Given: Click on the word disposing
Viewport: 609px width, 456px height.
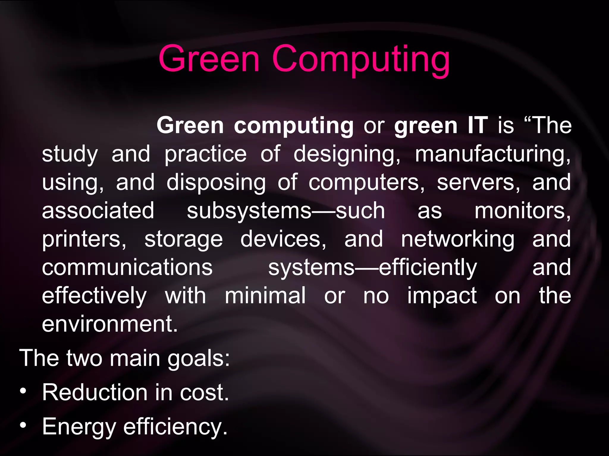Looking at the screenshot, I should tap(216, 183).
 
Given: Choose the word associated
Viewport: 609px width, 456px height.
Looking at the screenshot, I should tap(98, 210).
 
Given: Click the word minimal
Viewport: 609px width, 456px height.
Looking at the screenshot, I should tap(265, 296).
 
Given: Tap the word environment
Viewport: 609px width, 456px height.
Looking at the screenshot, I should tap(110, 324).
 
